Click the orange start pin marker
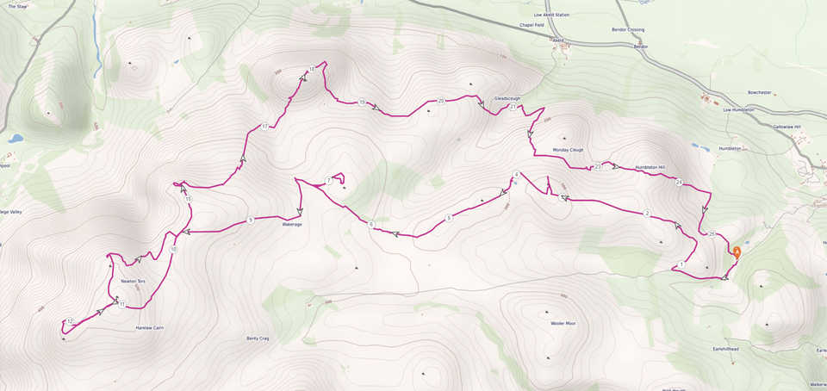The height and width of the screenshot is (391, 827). (737, 251)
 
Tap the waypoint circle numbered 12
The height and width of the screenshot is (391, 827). (70, 321)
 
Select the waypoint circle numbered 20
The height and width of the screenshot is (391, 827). (441, 101)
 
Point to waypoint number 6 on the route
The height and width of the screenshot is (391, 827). (371, 224)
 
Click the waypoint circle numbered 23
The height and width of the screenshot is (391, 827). (597, 166)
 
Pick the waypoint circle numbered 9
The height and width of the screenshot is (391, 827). (250, 220)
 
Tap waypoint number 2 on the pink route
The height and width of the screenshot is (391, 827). (647, 213)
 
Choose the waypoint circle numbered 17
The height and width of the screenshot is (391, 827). (264, 127)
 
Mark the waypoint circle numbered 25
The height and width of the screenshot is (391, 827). (712, 234)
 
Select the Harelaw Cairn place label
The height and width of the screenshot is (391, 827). (149, 328)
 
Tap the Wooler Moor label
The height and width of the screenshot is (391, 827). (563, 323)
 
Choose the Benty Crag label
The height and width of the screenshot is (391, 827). (258, 338)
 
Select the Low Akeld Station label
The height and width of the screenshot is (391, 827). (551, 15)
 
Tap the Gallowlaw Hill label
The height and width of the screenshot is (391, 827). (787, 127)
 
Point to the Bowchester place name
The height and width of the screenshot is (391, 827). (762, 91)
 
